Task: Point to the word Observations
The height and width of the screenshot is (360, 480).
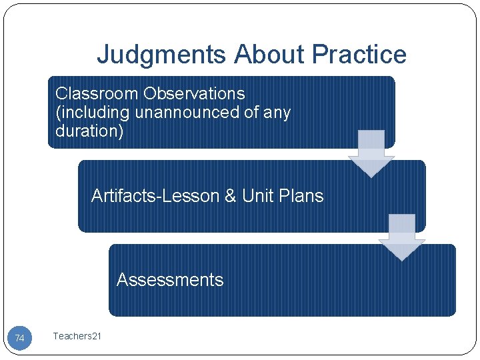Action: (x=194, y=93)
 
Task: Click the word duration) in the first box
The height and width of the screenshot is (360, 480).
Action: (x=89, y=131)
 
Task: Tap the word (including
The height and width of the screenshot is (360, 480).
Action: (x=93, y=112)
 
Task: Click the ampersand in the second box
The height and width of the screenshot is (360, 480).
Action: (x=230, y=196)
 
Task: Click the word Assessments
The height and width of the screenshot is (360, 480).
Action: (x=170, y=279)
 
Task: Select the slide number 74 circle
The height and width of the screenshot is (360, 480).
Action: (x=20, y=338)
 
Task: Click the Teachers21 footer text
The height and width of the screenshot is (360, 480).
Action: (x=77, y=336)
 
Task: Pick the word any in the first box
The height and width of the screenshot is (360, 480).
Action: (x=277, y=112)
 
